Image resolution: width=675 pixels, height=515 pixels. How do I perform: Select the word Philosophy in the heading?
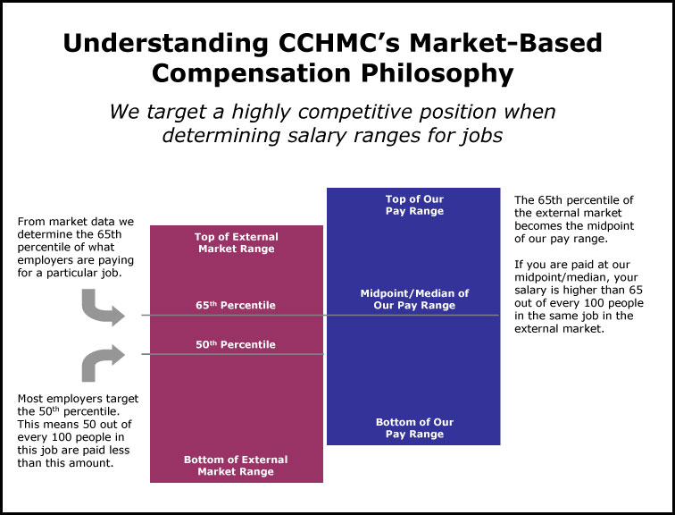click(x=437, y=73)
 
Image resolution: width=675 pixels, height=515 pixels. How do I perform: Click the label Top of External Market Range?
click(x=237, y=242)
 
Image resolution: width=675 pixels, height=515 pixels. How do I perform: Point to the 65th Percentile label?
click(x=236, y=305)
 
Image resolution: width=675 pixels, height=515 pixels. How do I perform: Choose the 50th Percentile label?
click(x=236, y=344)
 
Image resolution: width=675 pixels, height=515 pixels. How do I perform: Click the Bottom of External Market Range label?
click(x=236, y=466)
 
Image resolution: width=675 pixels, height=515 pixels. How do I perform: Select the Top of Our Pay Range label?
click(x=414, y=205)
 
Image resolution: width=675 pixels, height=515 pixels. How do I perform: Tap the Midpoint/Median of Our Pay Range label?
click(x=414, y=300)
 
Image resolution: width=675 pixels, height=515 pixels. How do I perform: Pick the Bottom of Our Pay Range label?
click(x=414, y=428)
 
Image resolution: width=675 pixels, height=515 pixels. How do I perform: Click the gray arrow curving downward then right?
click(x=101, y=309)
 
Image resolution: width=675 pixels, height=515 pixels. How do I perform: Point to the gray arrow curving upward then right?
click(x=101, y=361)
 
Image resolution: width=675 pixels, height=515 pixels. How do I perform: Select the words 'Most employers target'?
click(x=78, y=399)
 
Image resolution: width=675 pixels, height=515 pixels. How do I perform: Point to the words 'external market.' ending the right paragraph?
click(x=560, y=329)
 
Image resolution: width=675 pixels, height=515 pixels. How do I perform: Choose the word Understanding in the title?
click(x=166, y=44)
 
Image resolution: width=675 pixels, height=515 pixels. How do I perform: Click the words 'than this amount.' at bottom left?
click(x=65, y=463)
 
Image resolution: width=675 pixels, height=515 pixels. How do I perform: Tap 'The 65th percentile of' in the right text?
click(x=574, y=200)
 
